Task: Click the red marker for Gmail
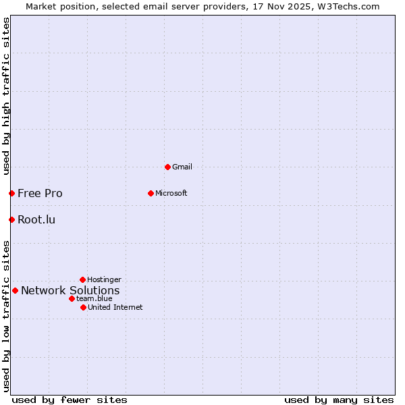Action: [x=167, y=167]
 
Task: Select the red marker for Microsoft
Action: [x=151, y=193]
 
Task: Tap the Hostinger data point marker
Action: [x=82, y=279]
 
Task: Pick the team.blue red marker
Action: [x=72, y=298]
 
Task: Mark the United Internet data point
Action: [x=83, y=307]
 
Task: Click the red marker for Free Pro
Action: [x=11, y=193]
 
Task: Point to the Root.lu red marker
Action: [x=11, y=219]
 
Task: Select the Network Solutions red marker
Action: [x=15, y=290]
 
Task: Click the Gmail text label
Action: [x=182, y=167]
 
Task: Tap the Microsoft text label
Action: [x=171, y=193]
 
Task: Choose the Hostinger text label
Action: [x=104, y=279]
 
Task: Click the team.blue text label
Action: [x=94, y=298]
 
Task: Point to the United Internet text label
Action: [x=115, y=307]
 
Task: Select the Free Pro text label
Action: [x=40, y=193]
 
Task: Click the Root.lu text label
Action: [x=36, y=219]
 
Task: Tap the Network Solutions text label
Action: [x=70, y=291]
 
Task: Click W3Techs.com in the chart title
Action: [x=349, y=7]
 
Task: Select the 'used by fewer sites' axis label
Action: [x=70, y=400]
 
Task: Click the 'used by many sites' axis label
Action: [x=339, y=400]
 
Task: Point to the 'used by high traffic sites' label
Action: [x=6, y=97]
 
